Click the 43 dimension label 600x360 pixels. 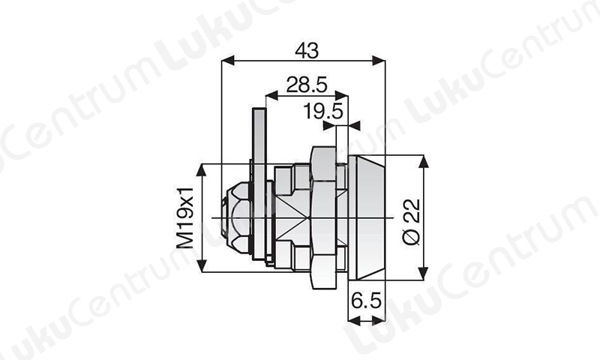(x=307, y=50)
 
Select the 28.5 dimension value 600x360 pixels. (x=307, y=85)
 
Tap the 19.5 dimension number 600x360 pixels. (x=323, y=111)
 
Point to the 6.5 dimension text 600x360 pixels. (x=367, y=301)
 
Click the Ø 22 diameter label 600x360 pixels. (x=412, y=221)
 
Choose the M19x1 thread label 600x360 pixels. (x=184, y=217)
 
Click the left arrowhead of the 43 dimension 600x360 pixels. (x=228, y=61)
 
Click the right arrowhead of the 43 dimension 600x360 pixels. (x=379, y=61)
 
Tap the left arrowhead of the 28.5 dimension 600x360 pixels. (x=271, y=95)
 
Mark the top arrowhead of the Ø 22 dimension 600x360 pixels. (x=423, y=161)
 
